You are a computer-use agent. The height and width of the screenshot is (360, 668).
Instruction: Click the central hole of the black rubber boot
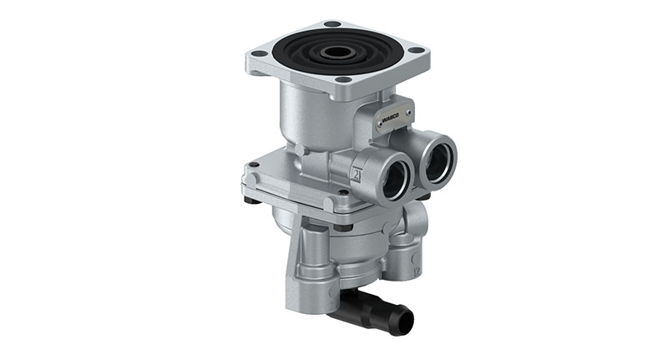point(338,52)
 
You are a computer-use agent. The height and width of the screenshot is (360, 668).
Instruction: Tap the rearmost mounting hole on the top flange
point(332,23)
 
